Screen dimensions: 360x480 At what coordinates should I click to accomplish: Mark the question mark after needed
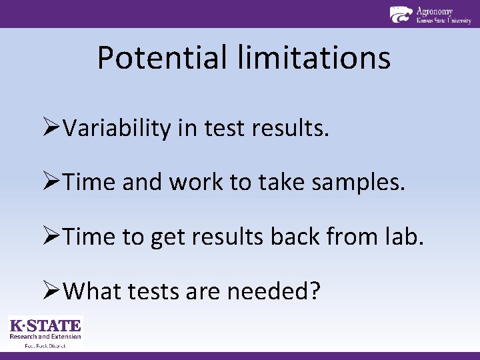coord(313,291)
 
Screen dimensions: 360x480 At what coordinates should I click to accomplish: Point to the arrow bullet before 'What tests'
coord(51,291)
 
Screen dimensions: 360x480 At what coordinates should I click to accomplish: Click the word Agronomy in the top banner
coord(434,11)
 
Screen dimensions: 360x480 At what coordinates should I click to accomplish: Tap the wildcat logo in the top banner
coord(401,14)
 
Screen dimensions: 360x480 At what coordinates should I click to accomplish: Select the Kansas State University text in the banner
coord(443,21)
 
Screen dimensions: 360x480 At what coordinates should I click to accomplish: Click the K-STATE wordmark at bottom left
coord(45,326)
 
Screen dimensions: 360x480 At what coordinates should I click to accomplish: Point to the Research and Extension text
coord(45,337)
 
